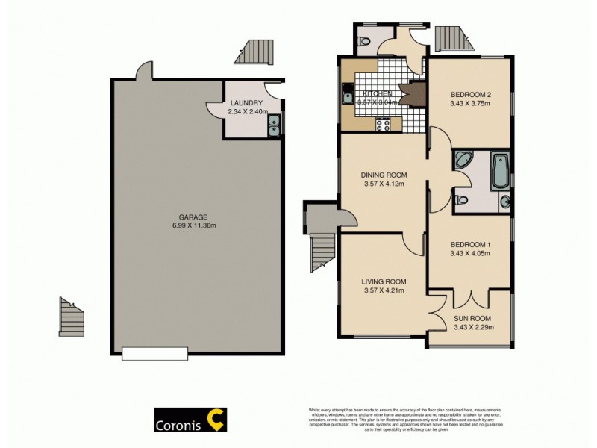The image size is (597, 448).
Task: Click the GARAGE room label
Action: [198, 217]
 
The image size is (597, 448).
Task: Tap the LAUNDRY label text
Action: [246, 103]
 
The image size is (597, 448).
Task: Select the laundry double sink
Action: [275, 125]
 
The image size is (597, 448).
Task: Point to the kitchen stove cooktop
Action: [384, 125]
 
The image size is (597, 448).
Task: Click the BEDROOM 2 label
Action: [471, 95]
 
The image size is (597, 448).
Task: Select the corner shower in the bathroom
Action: [463, 159]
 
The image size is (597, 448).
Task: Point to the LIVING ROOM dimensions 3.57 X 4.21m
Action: [384, 290]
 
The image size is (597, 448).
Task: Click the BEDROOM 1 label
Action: [470, 244]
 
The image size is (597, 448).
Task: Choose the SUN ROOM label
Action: [472, 319]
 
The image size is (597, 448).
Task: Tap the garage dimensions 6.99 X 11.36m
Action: [198, 225]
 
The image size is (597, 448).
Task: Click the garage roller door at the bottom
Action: [155, 353]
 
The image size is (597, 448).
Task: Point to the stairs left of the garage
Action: [72, 317]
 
